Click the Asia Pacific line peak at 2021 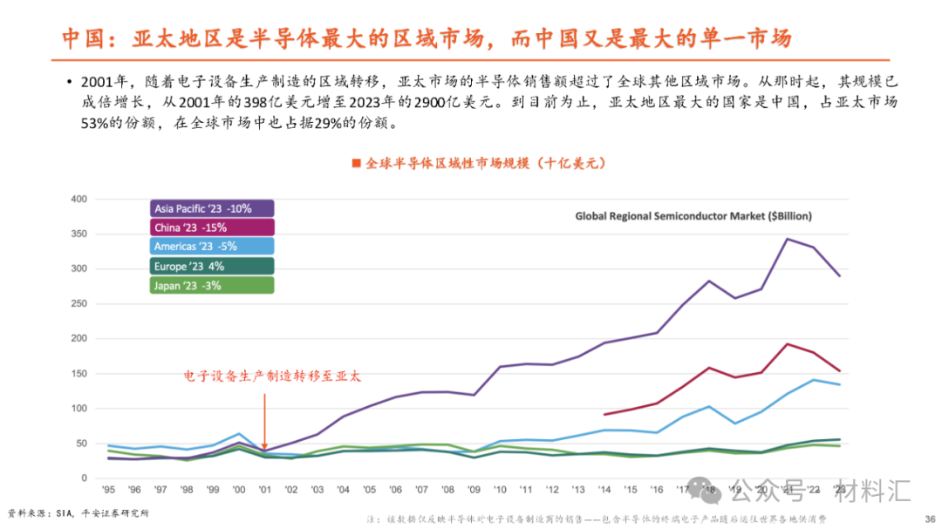pos(788,239)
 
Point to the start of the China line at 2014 pos(604,415)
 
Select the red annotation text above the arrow pos(271,376)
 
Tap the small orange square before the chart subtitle pos(355,163)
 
